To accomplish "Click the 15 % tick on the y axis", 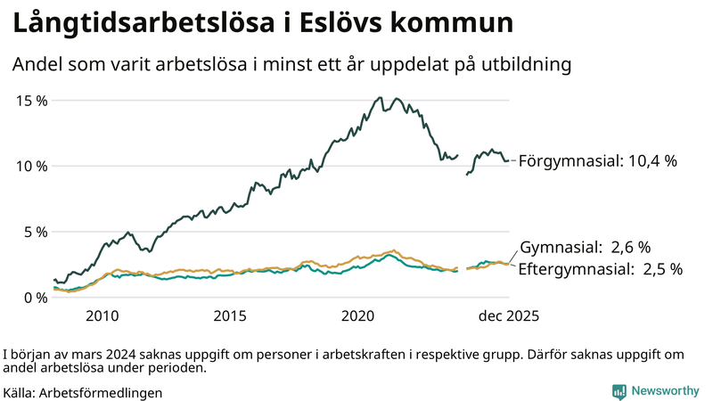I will (x=32, y=100).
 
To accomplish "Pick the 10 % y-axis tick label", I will (x=32, y=166).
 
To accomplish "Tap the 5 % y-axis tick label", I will (x=36, y=232).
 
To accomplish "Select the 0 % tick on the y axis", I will (x=36, y=298).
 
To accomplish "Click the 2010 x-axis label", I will (x=102, y=316).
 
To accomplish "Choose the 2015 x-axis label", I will (x=231, y=316).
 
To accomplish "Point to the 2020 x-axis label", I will (x=358, y=316).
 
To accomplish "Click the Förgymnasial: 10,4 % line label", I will (x=597, y=161).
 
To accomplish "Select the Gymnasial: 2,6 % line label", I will (x=585, y=247).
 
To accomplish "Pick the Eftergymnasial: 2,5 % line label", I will (x=600, y=268).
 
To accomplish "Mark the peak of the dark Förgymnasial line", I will (x=380, y=98).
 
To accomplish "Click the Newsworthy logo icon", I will (x=619, y=391).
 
